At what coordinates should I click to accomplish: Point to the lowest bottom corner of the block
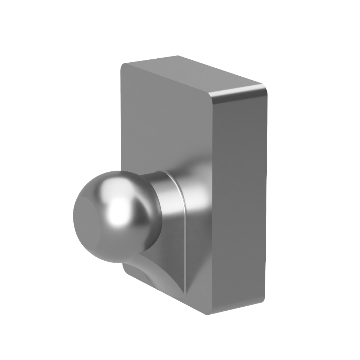pos(208,315)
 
